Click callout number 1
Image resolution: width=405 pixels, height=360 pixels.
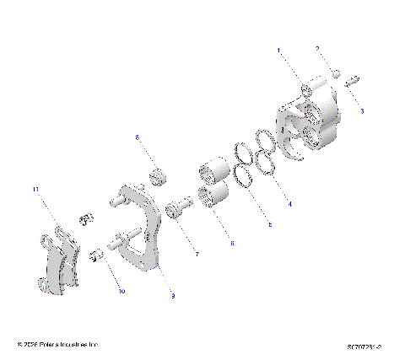coord(279,51)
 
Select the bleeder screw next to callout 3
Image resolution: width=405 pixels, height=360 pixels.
coord(352,83)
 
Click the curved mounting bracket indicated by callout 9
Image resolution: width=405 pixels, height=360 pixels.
coord(143,228)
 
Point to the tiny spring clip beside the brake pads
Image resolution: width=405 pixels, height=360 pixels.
coord(84,218)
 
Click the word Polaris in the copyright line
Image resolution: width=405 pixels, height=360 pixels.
coord(51,344)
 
